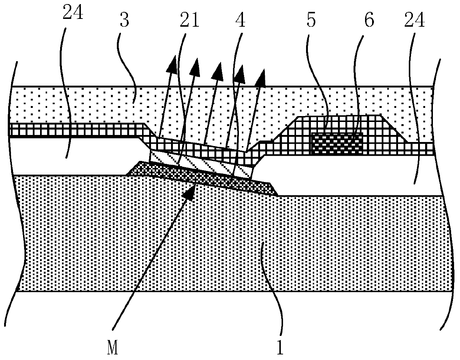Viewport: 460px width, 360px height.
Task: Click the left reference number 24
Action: (x=73, y=14)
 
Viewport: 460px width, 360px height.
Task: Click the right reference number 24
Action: (x=414, y=22)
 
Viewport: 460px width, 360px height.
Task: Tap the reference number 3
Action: (x=124, y=21)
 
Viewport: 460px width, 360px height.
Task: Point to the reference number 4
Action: (x=240, y=21)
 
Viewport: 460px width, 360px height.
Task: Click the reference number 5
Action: (x=311, y=21)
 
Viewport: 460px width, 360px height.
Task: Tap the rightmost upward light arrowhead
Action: (x=262, y=75)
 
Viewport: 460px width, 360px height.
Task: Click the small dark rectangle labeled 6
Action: (x=336, y=143)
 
